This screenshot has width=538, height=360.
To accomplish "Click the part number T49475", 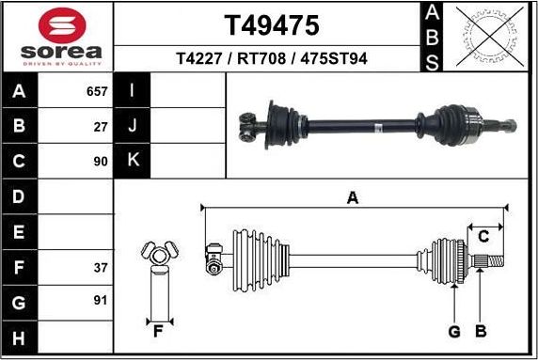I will [x=271, y=23].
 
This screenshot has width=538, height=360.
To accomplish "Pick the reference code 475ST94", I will [x=332, y=58].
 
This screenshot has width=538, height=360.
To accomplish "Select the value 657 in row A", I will [x=98, y=92].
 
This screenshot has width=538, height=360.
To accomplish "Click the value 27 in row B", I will [x=102, y=126].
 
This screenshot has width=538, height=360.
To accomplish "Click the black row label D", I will [x=20, y=196].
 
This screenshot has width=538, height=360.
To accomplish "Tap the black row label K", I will [x=132, y=161].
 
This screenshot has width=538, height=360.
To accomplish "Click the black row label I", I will [x=132, y=92].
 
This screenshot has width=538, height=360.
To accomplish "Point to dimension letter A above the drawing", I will [x=353, y=197].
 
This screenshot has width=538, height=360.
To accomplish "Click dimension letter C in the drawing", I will [x=484, y=234].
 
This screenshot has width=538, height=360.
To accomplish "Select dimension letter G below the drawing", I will [x=453, y=331].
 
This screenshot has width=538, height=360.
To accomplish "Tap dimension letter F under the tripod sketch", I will [x=158, y=331].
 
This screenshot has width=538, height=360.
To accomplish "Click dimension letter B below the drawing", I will [x=480, y=331].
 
